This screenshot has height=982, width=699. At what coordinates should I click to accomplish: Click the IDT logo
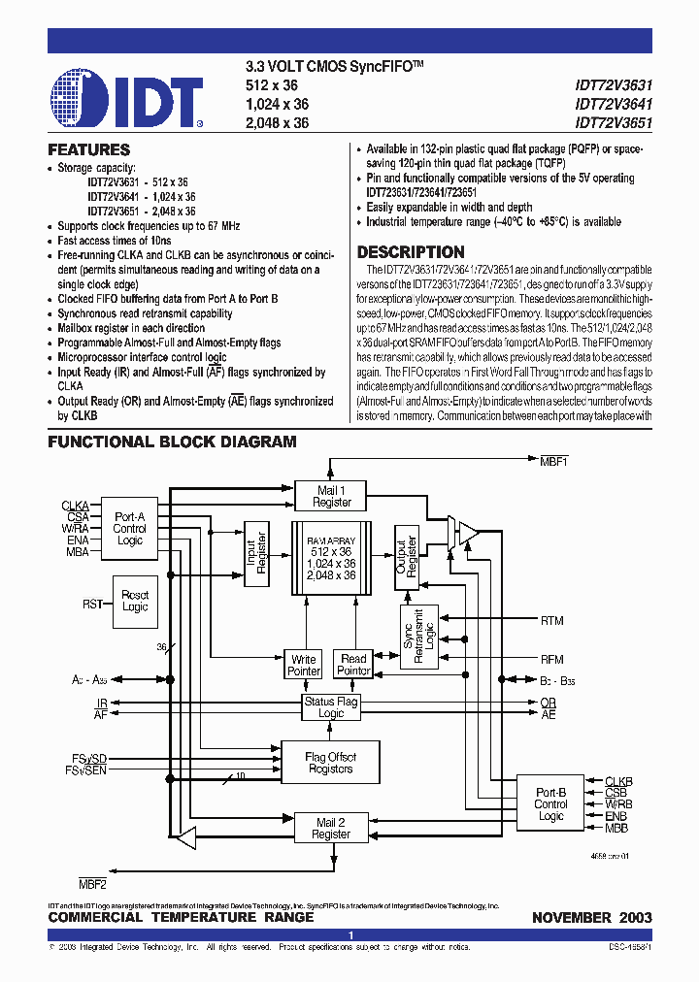click(x=126, y=98)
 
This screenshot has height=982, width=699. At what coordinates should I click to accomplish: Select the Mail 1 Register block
click(x=332, y=497)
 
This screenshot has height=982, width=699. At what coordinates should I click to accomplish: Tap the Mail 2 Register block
click(x=331, y=827)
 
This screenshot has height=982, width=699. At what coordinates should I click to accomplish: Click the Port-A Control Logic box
click(x=129, y=529)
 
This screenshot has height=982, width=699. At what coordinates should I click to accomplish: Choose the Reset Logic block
click(x=135, y=601)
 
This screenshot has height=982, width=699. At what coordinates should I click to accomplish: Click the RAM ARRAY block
click(x=331, y=558)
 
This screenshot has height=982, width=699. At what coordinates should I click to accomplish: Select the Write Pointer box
click(x=304, y=665)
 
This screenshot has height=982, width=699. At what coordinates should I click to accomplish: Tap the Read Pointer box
click(x=353, y=665)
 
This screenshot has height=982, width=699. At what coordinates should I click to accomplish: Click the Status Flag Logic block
click(x=331, y=707)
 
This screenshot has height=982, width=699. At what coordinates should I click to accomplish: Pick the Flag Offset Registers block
click(x=330, y=763)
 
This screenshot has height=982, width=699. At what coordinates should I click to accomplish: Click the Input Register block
click(x=257, y=559)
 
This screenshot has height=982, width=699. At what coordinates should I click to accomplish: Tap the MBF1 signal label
click(x=554, y=463)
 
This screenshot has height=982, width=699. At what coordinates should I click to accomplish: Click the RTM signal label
click(x=551, y=620)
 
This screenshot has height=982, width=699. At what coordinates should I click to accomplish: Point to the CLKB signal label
click(x=618, y=781)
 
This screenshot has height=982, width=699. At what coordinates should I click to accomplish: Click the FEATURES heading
click(x=89, y=150)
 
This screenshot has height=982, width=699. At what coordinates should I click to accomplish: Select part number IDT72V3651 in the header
click(x=613, y=123)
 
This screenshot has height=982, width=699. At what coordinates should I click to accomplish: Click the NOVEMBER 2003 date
click(x=591, y=917)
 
